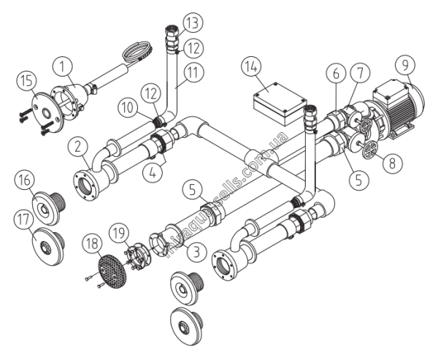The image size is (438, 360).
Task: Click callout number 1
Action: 62,68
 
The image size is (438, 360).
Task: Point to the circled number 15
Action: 26,82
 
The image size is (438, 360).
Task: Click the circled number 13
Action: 193,23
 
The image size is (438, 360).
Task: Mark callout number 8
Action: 393,162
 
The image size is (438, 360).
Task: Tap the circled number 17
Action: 24,220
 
